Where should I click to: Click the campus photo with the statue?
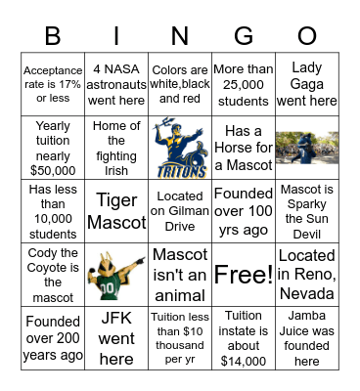click(306, 146)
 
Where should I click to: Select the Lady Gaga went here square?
click(306, 82)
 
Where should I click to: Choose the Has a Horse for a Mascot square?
click(243, 146)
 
